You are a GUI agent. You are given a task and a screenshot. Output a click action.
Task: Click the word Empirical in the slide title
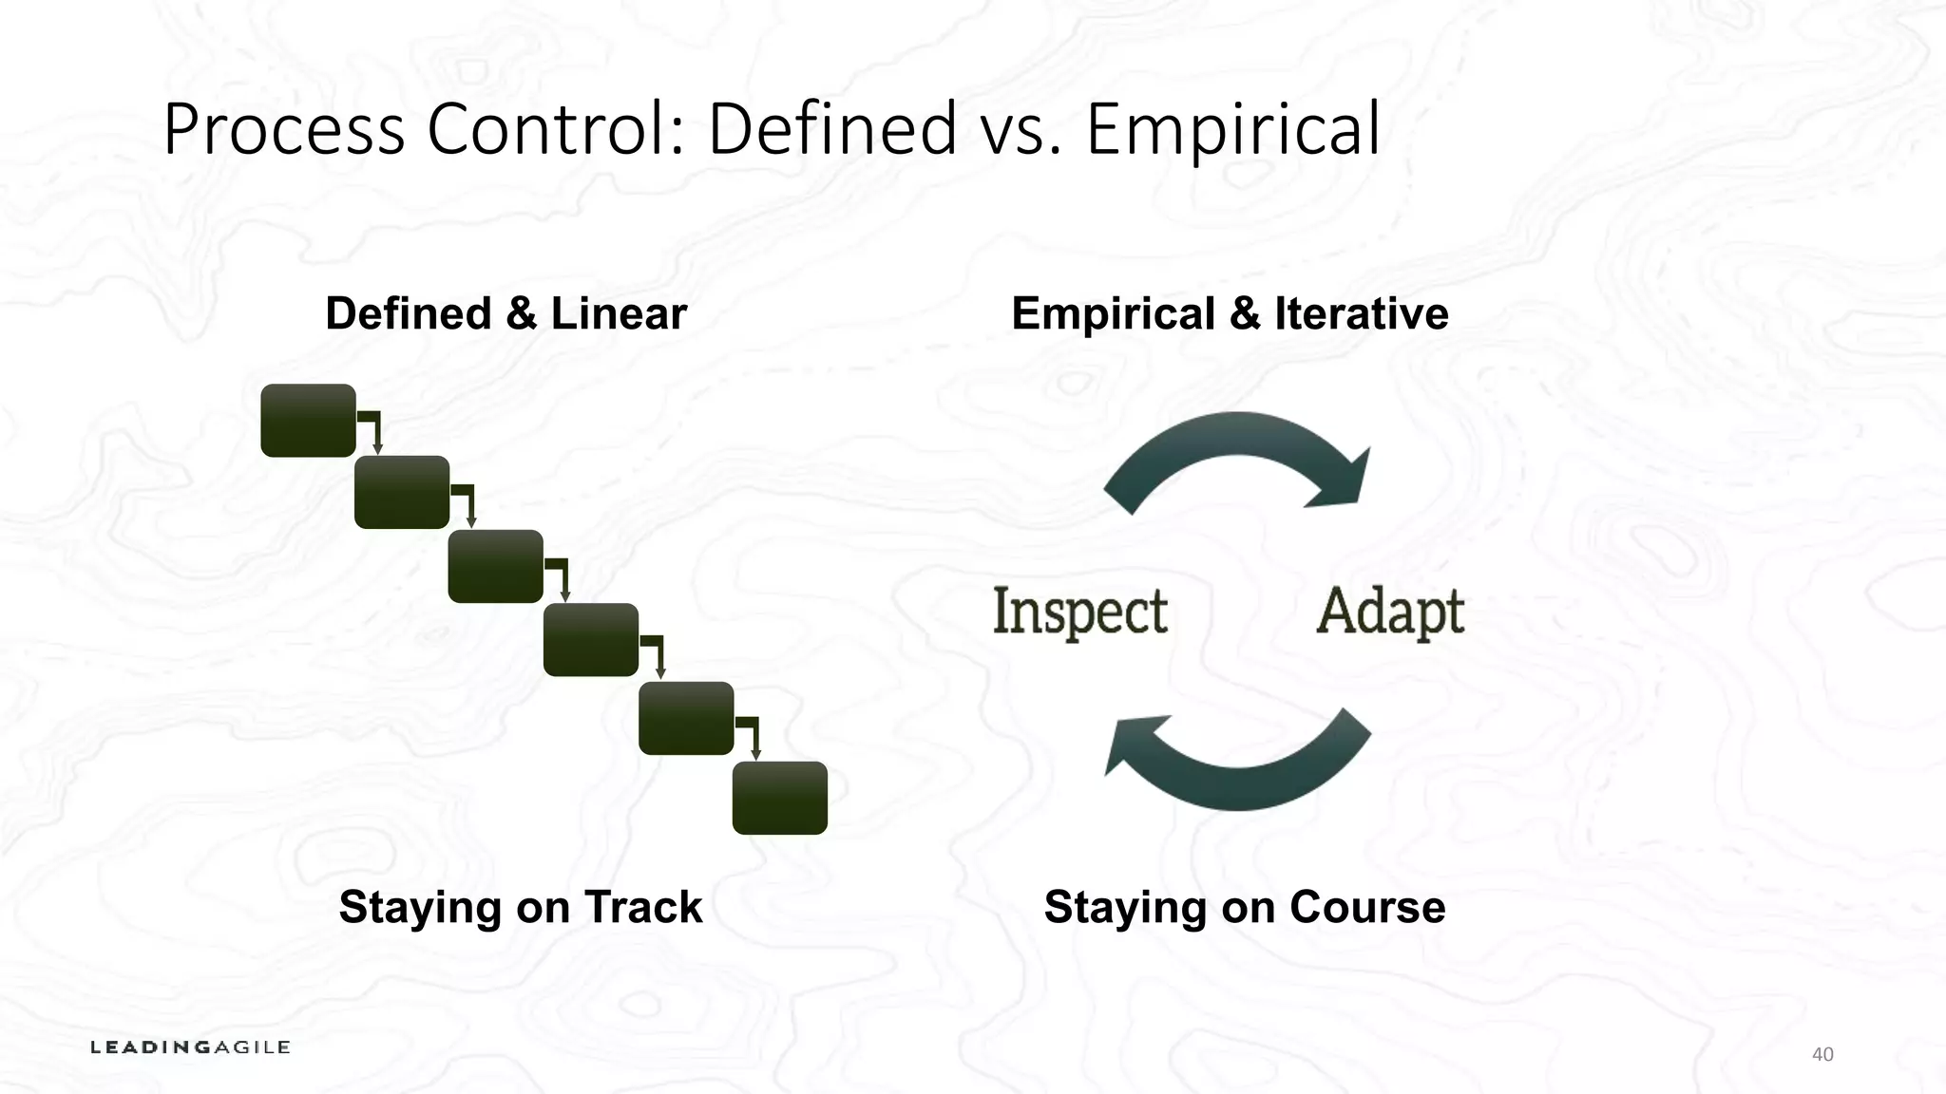pos(1232,130)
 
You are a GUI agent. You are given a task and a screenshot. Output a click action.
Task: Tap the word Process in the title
pos(284,130)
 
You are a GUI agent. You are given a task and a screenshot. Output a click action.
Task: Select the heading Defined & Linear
pos(506,313)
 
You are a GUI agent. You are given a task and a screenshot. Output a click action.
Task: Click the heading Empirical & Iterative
pos(1230,313)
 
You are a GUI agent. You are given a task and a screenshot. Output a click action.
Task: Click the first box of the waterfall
pos(308,421)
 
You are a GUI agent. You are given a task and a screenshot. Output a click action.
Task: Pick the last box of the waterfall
pos(779,798)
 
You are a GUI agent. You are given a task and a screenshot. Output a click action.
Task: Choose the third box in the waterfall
pos(495,567)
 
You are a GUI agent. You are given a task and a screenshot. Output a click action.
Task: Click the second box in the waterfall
pos(402,493)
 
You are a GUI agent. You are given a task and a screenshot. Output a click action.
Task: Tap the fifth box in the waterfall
pos(686,719)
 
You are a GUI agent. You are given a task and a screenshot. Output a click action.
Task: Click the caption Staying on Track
pos(520,907)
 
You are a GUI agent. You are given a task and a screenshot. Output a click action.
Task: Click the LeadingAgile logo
pos(190,1047)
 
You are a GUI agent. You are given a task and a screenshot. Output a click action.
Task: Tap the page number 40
pos(1822,1054)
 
